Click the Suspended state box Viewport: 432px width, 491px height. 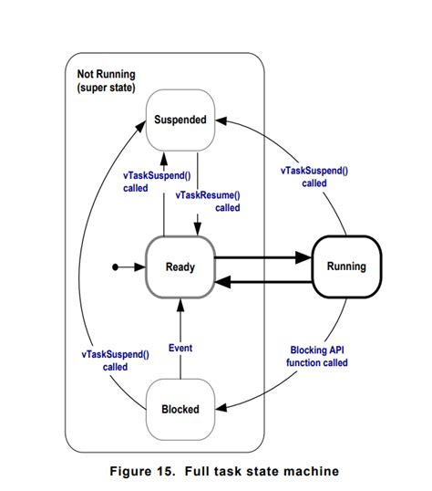pyautogui.click(x=180, y=120)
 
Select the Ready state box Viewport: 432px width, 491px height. pyautogui.click(x=180, y=267)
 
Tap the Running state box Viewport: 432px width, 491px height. pyautogui.click(x=346, y=266)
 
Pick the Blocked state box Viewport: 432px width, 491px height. pyautogui.click(x=180, y=409)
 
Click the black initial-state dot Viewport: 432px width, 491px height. pyautogui.click(x=115, y=267)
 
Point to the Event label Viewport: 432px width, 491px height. pyautogui.click(x=180, y=348)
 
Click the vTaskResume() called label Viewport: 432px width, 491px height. pyautogui.click(x=208, y=202)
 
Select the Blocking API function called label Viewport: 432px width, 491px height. pyautogui.click(x=317, y=356)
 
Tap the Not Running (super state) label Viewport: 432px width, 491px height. pyautogui.click(x=107, y=81)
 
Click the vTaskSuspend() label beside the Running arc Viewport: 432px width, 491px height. pyautogui.click(x=314, y=177)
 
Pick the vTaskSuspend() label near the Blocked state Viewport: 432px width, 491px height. pyautogui.click(x=115, y=360)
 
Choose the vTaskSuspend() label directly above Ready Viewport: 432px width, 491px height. pyautogui.click(x=157, y=182)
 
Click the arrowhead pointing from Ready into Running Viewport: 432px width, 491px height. pyautogui.click(x=303, y=257)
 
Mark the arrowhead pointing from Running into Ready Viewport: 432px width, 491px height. pyautogui.click(x=223, y=282)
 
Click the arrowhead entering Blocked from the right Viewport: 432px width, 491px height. pyautogui.click(x=221, y=408)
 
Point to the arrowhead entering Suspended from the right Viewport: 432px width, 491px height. pyautogui.click(x=221, y=120)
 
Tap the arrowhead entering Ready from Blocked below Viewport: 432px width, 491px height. pyautogui.click(x=180, y=305)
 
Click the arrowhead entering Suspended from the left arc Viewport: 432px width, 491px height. pyautogui.click(x=141, y=126)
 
